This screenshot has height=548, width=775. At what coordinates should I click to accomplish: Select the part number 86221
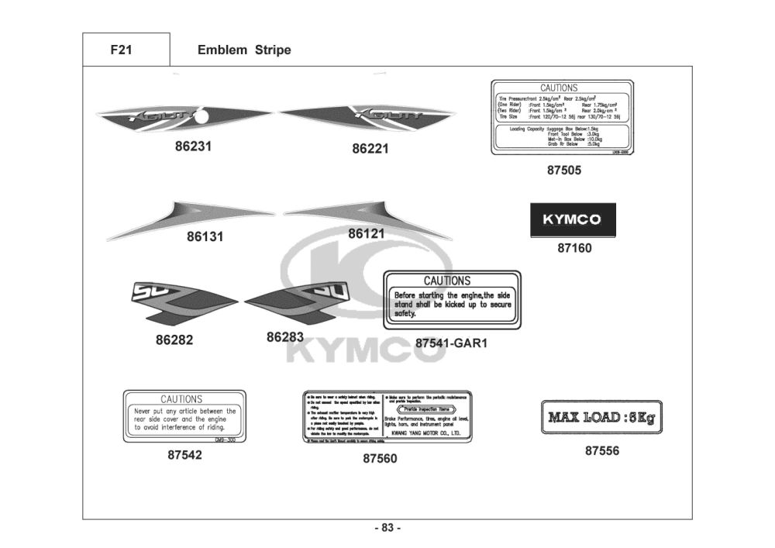click(x=370, y=148)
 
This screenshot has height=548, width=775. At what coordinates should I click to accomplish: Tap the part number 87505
click(x=563, y=171)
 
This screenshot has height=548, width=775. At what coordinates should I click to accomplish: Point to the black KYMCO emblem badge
click(x=572, y=219)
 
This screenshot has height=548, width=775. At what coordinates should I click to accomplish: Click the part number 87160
click(x=574, y=249)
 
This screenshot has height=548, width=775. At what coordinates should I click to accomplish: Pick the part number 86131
click(x=205, y=237)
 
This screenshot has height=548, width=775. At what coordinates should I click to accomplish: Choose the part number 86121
click(x=367, y=233)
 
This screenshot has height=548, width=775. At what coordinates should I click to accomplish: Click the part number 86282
click(x=174, y=339)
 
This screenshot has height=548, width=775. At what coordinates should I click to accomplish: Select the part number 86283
click(x=285, y=337)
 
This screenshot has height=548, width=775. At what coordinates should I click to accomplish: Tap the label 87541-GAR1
click(x=451, y=342)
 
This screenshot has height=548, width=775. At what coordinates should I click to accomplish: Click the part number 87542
click(x=184, y=455)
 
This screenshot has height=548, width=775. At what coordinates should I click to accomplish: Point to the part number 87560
click(x=380, y=458)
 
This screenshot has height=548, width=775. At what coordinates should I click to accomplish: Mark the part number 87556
click(x=602, y=450)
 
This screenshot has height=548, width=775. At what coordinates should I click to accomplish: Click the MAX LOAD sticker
click(x=601, y=419)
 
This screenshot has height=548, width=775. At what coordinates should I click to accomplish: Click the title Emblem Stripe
click(x=244, y=50)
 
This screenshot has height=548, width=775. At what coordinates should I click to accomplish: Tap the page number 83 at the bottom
click(x=387, y=528)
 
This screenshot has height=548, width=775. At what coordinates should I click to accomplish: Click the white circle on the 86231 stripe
click(x=201, y=118)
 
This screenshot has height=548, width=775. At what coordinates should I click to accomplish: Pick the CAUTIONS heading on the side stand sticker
click(x=447, y=281)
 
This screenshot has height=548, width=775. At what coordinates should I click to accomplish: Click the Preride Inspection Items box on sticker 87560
click(x=427, y=408)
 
